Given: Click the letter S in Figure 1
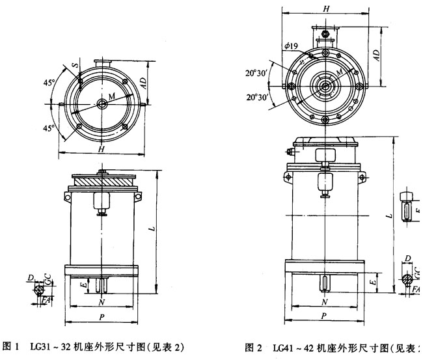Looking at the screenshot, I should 76,66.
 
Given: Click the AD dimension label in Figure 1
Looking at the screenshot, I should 152,83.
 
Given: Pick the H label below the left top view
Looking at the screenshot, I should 102,150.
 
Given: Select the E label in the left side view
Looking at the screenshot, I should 84,284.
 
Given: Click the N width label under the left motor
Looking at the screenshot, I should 102,304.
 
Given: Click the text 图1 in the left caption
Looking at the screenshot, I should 13,345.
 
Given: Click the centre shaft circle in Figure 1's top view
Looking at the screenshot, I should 102,103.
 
